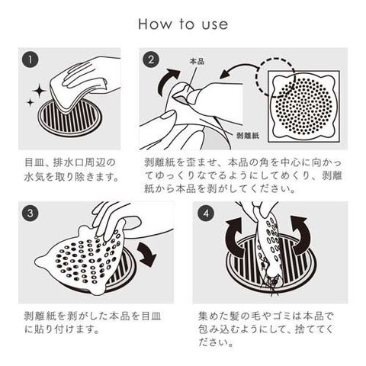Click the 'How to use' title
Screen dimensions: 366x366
(x=183, y=24)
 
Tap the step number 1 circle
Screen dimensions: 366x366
(x=30, y=59)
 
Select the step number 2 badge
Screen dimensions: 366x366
(x=151, y=59)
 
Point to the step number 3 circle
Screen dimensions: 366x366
(x=30, y=213)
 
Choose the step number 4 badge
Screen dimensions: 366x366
(x=206, y=213)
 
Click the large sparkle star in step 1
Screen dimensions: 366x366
(x=39, y=91)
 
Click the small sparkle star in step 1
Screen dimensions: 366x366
(x=30, y=103)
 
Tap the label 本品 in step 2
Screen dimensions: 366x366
(x=197, y=61)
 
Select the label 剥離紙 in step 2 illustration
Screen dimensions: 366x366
(x=247, y=136)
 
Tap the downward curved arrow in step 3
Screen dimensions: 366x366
(x=147, y=254)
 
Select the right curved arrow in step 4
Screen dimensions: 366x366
(x=303, y=235)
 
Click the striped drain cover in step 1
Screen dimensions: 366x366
(x=69, y=120)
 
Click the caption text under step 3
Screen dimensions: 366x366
(x=93, y=323)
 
